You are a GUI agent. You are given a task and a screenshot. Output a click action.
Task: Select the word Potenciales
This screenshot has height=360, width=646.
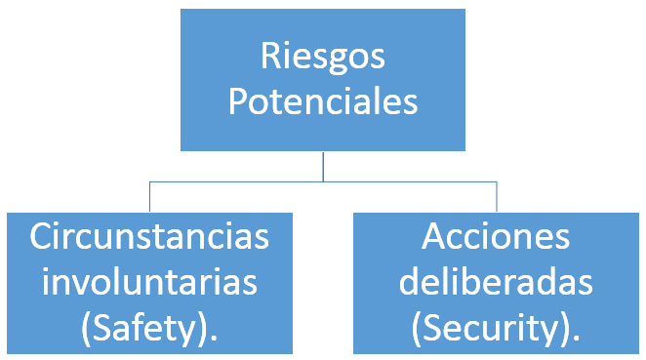[x=323, y=101]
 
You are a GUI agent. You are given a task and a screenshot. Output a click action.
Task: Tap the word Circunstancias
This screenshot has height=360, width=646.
[x=148, y=236]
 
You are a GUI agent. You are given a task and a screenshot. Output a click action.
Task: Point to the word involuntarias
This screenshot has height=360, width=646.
[x=148, y=283]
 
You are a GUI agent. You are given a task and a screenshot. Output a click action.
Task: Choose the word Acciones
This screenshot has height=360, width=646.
[x=497, y=236]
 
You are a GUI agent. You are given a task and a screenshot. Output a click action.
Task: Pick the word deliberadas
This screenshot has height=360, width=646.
[x=497, y=283]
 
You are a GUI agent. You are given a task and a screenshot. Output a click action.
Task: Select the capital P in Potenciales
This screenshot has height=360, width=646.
[x=239, y=101]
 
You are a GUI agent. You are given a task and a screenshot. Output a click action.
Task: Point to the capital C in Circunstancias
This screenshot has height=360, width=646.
[x=42, y=236]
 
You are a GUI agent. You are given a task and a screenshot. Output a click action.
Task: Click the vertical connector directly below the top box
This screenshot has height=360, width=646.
[x=323, y=166]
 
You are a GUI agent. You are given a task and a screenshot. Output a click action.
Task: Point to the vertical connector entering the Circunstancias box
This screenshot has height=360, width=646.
[x=149, y=196]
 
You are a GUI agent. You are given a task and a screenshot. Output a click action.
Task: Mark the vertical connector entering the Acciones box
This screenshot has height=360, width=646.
[x=497, y=196]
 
